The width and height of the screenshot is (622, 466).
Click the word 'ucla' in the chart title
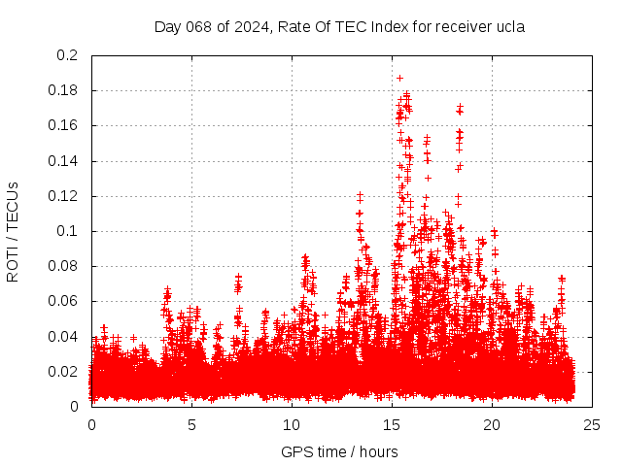pos(508,27)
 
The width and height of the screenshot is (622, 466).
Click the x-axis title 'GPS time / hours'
pos(339,451)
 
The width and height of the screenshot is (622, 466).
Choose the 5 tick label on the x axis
pos(191,424)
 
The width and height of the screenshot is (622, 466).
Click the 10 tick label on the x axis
pos(292,424)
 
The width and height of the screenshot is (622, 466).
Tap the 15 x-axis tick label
pos(392,424)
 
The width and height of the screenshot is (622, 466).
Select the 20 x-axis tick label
pos(492,424)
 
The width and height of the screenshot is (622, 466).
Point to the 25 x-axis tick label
pos(592,424)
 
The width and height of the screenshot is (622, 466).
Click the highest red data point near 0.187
pos(399,78)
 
